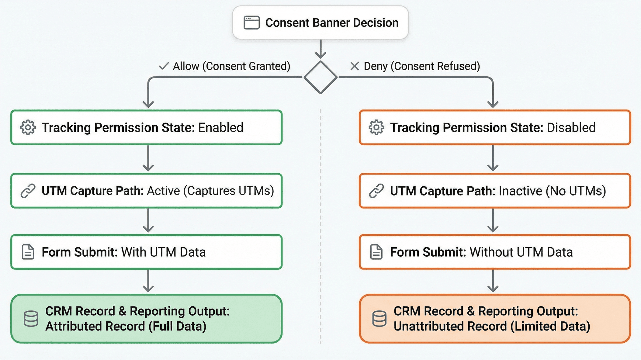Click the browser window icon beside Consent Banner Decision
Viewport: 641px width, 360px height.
click(251, 23)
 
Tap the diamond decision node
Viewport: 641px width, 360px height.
click(320, 77)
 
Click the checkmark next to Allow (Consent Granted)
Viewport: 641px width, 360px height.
click(164, 66)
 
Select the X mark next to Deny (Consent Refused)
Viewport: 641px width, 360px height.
click(355, 66)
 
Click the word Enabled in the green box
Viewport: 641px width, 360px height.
click(221, 127)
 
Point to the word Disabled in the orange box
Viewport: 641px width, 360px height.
click(571, 127)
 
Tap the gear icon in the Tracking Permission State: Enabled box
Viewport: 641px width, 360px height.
click(28, 127)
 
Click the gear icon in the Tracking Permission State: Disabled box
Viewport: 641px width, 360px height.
click(376, 127)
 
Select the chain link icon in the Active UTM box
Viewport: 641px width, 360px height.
click(28, 191)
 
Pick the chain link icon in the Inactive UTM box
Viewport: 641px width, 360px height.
click(376, 191)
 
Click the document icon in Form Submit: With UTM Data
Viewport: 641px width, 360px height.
click(28, 252)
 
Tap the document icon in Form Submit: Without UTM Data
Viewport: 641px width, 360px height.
click(376, 252)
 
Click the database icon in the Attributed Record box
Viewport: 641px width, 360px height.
click(31, 319)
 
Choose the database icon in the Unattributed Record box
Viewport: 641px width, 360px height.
click(379, 319)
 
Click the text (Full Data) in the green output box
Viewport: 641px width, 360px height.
click(177, 326)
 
